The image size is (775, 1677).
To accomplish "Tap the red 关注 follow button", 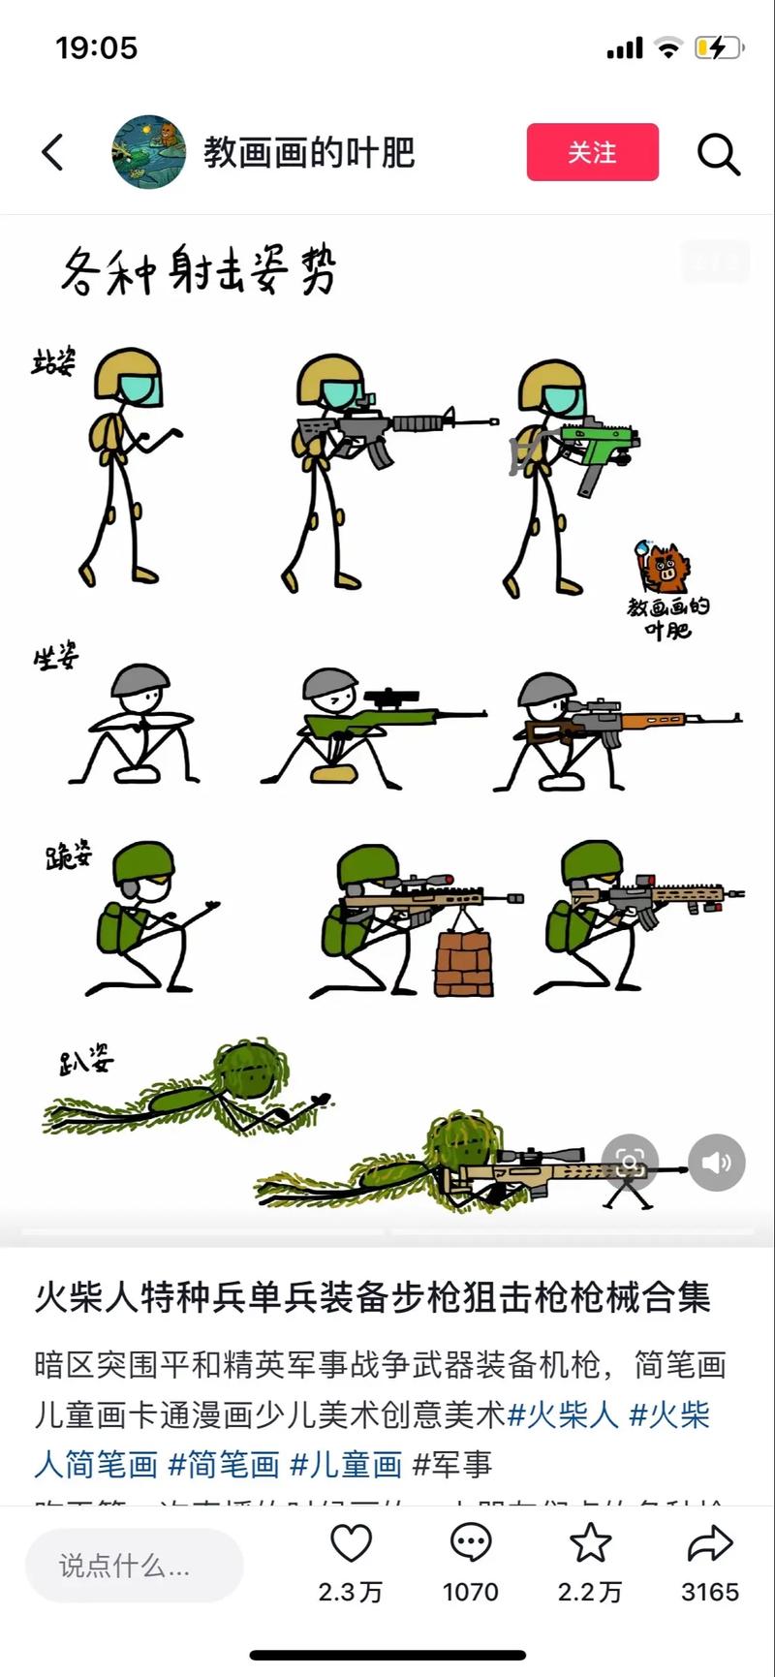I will tap(592, 152).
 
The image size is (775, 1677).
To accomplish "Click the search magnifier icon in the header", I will tap(718, 153).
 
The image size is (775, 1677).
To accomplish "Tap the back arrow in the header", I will tap(53, 152).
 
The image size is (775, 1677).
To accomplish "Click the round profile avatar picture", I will tap(149, 152).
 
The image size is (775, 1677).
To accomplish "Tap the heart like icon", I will tap(351, 1543).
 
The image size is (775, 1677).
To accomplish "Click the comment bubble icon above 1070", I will tap(471, 1543).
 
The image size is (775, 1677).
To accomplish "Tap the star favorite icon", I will tap(590, 1543).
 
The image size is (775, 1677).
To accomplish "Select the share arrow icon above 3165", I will tap(709, 1543).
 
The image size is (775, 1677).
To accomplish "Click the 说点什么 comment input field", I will tap(134, 1566).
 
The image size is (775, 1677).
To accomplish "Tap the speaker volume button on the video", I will tap(717, 1163).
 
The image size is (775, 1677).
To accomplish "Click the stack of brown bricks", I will tap(464, 964).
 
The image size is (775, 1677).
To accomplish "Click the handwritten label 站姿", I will tap(53, 364).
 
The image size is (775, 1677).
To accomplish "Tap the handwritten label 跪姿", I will tap(68, 855).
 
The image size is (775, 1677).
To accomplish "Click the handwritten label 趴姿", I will tap(85, 1061).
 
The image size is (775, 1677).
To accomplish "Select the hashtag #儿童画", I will tap(346, 1464).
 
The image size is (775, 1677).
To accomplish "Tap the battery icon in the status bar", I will tap(717, 47).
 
